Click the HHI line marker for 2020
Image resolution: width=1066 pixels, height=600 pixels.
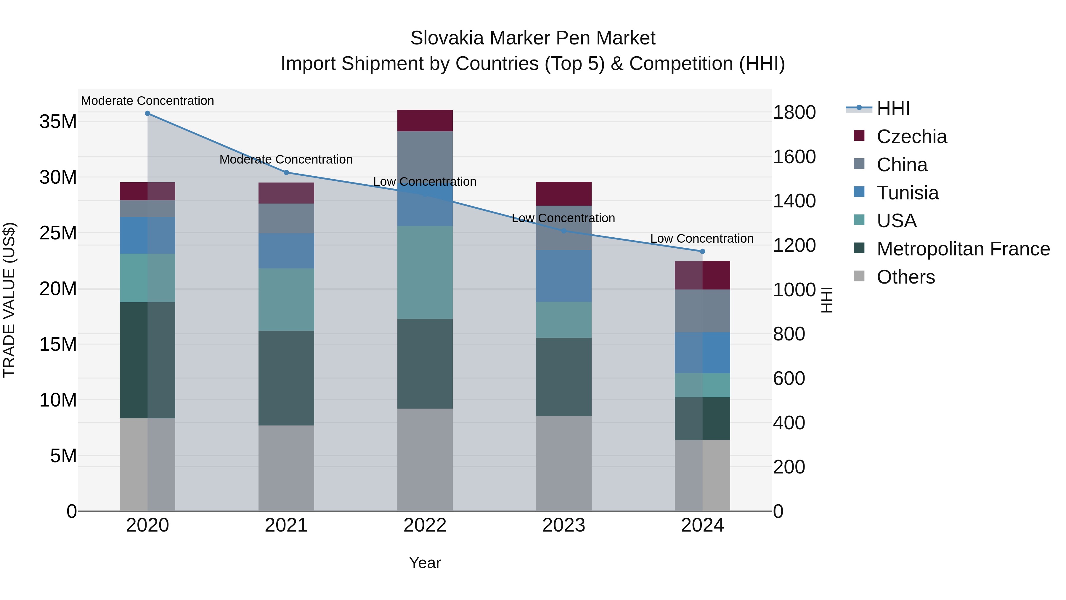147,113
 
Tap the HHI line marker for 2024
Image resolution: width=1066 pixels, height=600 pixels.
702,251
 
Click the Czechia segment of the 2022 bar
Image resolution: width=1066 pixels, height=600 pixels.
425,121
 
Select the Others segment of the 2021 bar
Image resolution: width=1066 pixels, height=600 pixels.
286,468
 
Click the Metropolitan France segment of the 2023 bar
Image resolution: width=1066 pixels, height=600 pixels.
563,377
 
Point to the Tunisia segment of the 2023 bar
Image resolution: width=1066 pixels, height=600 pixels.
563,276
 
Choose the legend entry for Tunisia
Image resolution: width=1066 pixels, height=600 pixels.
908,193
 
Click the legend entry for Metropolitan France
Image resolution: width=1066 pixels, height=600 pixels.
963,249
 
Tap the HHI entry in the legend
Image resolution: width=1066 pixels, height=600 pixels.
893,108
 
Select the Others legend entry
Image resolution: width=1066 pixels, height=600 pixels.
906,277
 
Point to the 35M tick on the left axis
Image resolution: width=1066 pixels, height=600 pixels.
58,122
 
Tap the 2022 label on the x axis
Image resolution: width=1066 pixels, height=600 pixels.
425,525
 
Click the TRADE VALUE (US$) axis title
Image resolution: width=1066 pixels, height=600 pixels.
9,300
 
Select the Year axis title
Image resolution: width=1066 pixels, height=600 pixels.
425,563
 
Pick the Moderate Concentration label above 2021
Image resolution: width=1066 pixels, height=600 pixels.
286,159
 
